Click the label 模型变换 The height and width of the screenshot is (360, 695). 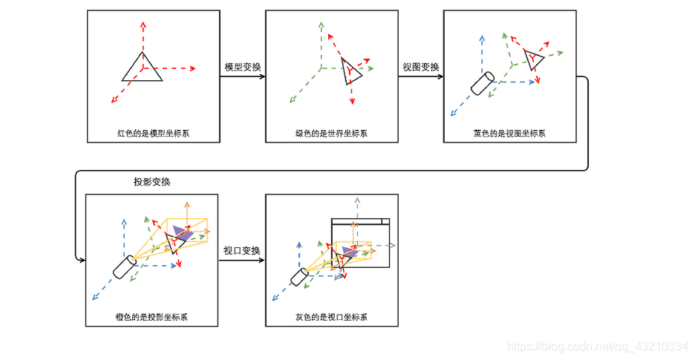click(243, 67)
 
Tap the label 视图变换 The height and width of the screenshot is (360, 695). click(420, 67)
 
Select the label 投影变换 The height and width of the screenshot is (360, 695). click(153, 182)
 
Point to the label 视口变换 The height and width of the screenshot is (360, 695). click(242, 250)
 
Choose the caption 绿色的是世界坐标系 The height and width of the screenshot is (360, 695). click(331, 134)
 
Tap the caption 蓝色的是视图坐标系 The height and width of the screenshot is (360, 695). click(509, 134)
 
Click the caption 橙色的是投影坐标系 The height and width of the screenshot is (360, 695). click(152, 317)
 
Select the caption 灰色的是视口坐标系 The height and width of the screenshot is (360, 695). click(331, 317)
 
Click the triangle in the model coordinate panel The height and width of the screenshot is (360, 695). click(143, 68)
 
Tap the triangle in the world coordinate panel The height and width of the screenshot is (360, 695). click(351, 71)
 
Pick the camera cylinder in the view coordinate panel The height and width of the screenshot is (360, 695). click(482, 84)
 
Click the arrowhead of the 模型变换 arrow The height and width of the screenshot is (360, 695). click(262, 76)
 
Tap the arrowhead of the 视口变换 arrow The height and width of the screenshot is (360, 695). click(262, 260)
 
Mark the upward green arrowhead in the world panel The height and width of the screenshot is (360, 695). click(321, 24)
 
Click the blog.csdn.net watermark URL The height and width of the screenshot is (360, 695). click(597, 347)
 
